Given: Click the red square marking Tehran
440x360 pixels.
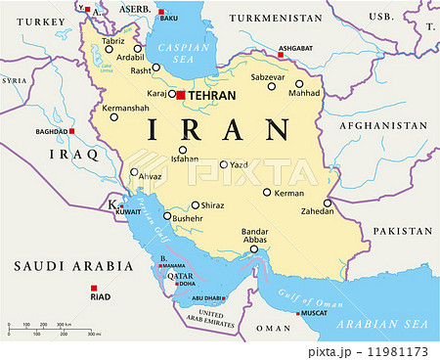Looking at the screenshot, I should click(x=180, y=95).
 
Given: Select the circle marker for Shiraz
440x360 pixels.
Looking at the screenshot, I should click(x=196, y=205).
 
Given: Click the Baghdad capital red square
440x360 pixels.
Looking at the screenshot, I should click(x=70, y=131).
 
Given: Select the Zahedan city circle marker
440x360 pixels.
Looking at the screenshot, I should click(x=329, y=203).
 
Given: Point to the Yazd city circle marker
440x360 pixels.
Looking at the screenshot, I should click(x=224, y=164).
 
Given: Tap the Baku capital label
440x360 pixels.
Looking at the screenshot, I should click(x=169, y=18).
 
